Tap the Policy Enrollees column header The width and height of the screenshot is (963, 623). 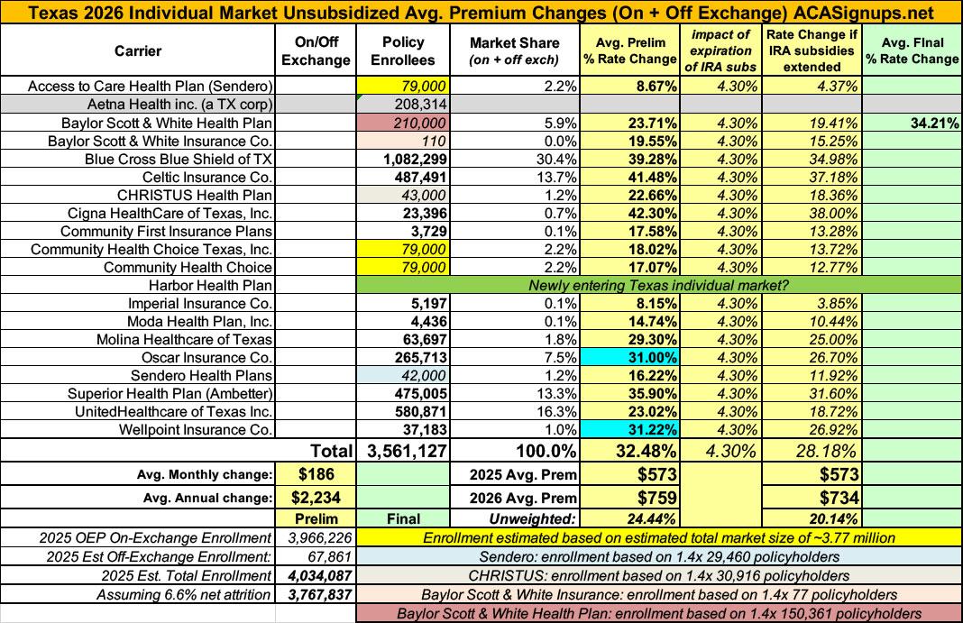tap(403, 51)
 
